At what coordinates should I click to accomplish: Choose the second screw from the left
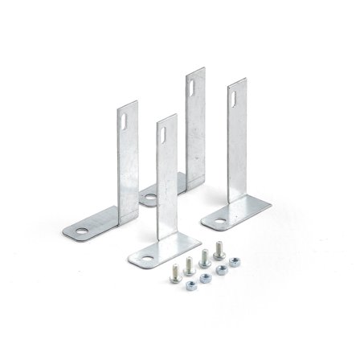pyautogui.click(x=190, y=262)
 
